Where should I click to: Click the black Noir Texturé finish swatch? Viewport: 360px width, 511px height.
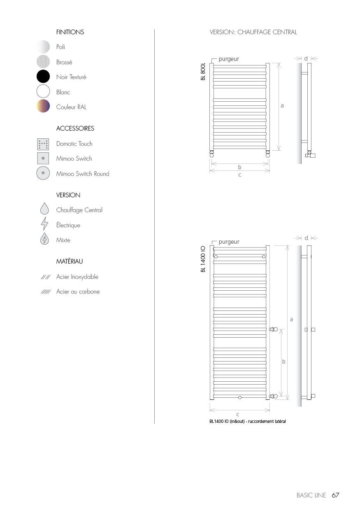coord(43,77)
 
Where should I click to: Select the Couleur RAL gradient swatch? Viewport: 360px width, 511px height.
coord(43,107)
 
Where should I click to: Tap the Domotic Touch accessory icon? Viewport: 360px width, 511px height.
coord(43,144)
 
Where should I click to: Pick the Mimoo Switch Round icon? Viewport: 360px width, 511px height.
coord(43,173)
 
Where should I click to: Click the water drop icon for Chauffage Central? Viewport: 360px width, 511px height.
coord(44,210)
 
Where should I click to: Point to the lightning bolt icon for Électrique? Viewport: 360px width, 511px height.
coord(44,225)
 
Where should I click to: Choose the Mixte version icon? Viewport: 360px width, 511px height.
coord(44,240)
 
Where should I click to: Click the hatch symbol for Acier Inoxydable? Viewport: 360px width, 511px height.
coord(45,277)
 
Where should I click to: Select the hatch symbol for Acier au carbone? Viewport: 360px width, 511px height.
coord(45,292)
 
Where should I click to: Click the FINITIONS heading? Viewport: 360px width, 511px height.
coord(70,32)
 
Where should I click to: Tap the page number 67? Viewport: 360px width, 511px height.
coord(335,495)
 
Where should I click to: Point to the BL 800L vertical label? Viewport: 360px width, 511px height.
coord(203,72)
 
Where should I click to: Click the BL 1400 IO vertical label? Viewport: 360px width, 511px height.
coord(203,259)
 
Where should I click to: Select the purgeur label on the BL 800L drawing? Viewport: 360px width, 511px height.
coord(229,59)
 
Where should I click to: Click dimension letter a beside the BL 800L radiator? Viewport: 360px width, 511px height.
coord(282,106)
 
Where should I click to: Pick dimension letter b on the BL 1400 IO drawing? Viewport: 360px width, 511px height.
coord(283,362)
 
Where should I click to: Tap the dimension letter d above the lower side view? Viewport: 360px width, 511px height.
coord(306,238)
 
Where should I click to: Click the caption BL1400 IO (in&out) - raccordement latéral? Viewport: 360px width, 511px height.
coord(247,421)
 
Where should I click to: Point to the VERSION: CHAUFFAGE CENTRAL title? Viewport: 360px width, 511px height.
coord(253,32)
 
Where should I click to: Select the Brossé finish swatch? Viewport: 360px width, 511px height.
coord(43,62)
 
